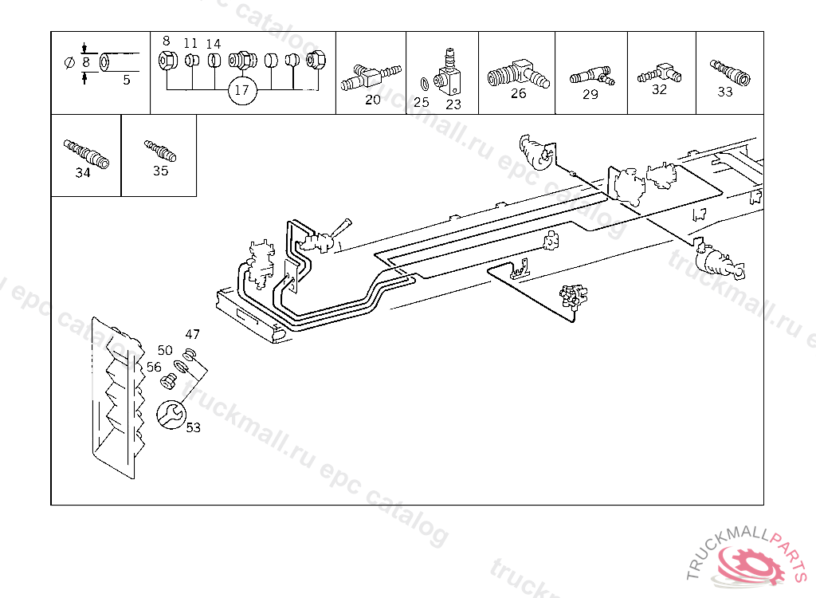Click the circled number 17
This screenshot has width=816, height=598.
242,90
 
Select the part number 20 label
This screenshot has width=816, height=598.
373,100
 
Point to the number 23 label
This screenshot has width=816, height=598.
453,104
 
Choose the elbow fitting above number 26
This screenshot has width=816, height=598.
517,73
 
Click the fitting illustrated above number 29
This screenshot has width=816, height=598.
591,77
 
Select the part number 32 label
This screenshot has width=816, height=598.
659,89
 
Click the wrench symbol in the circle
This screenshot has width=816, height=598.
171,413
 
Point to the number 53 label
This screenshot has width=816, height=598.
194,427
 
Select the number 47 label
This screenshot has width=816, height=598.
193,334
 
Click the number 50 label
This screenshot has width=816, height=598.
165,350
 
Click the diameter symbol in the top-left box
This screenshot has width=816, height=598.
69,61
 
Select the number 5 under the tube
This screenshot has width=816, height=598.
126,80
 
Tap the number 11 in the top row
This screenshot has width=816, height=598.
190,43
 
